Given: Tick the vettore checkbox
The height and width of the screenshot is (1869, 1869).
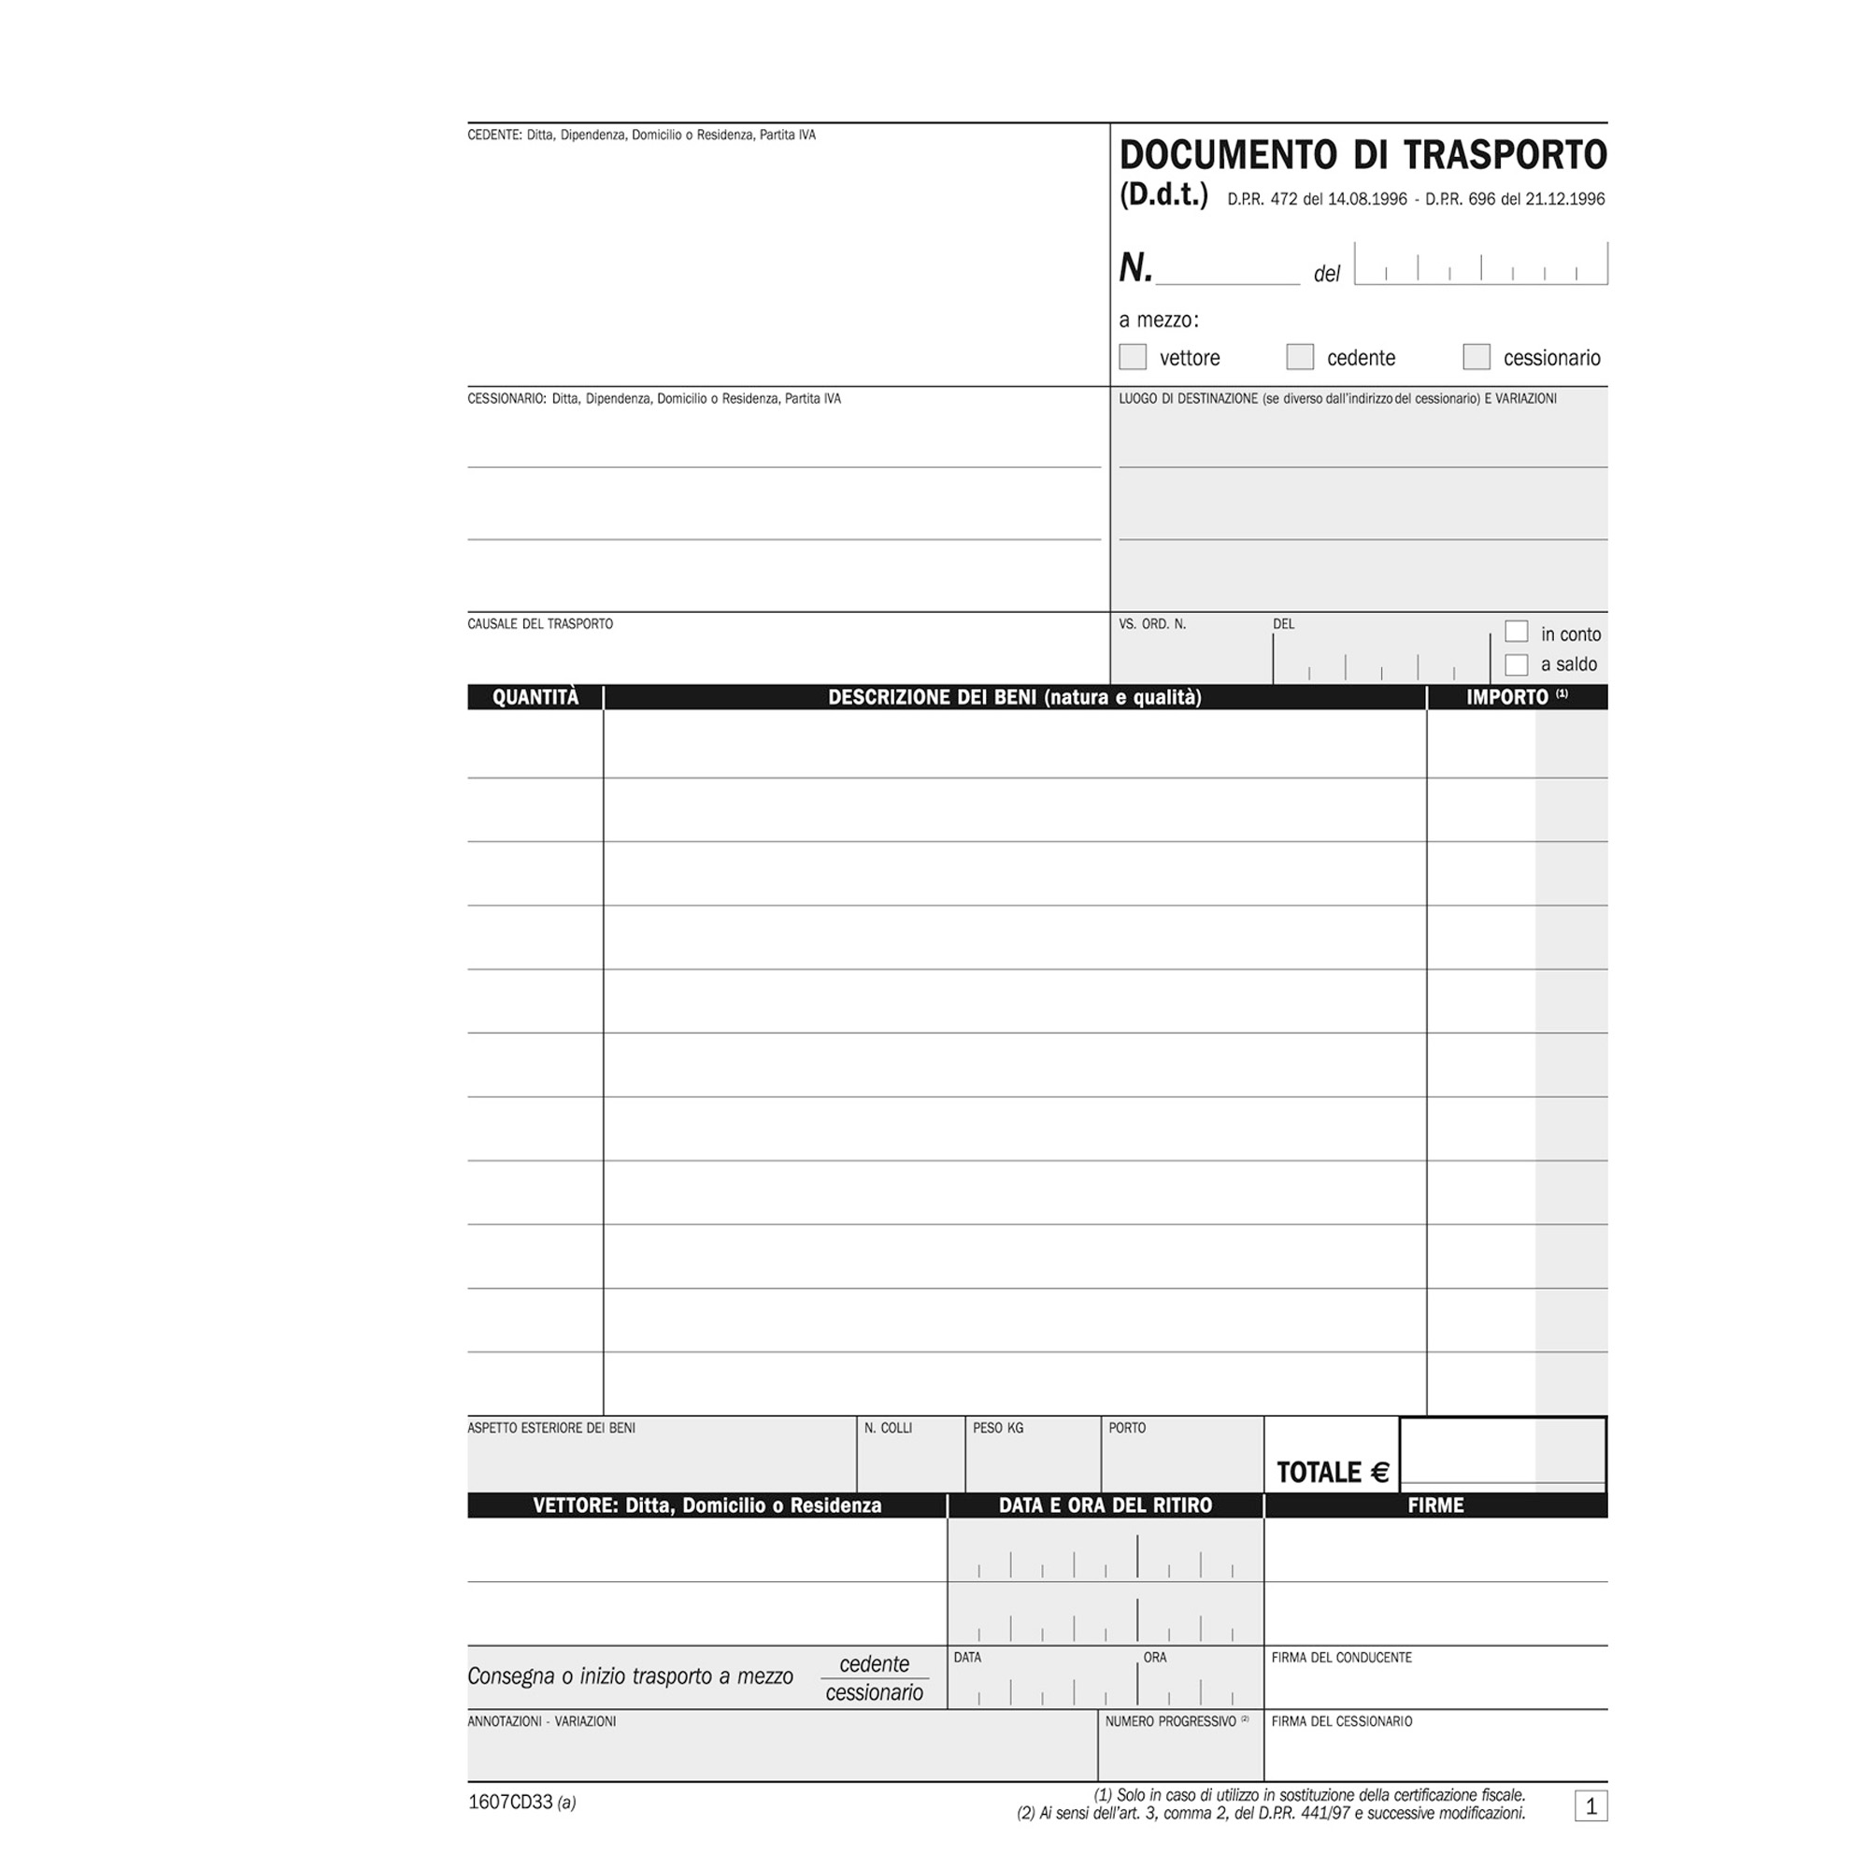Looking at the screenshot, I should coord(1132,357).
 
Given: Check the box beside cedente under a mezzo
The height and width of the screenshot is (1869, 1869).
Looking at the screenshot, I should coord(1299,357).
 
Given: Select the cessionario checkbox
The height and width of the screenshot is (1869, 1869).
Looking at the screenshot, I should coord(1477,357).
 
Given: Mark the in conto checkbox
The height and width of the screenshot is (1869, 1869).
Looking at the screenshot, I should coord(1516,632).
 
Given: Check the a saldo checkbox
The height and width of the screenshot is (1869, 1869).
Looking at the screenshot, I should coord(1516,664).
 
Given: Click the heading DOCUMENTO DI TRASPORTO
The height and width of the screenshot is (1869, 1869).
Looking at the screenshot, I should coord(1363,155).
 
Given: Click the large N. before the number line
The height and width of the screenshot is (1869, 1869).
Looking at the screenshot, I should coord(1135,268).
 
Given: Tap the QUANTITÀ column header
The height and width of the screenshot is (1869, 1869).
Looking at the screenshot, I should coord(535,697).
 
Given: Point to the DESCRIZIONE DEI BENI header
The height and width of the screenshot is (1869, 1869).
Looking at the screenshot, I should coord(1014,697).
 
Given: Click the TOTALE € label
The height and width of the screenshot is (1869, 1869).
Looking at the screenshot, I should coord(1332,1473).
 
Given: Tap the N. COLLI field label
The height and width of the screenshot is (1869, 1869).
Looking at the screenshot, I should coord(887,1428).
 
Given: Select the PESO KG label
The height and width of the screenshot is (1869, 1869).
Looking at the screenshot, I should coord(997,1428).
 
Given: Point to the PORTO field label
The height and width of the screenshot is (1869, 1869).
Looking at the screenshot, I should coord(1127,1428).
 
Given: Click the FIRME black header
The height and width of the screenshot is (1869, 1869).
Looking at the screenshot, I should coord(1434,1505).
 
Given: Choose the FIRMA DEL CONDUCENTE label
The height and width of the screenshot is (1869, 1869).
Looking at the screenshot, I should coord(1341,1658).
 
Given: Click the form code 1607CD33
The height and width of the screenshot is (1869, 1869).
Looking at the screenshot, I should coord(510,1803).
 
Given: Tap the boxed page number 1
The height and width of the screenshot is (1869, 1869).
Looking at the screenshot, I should coord(1591,1806).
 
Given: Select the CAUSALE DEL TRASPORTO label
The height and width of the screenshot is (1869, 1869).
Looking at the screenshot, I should coord(540,624).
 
